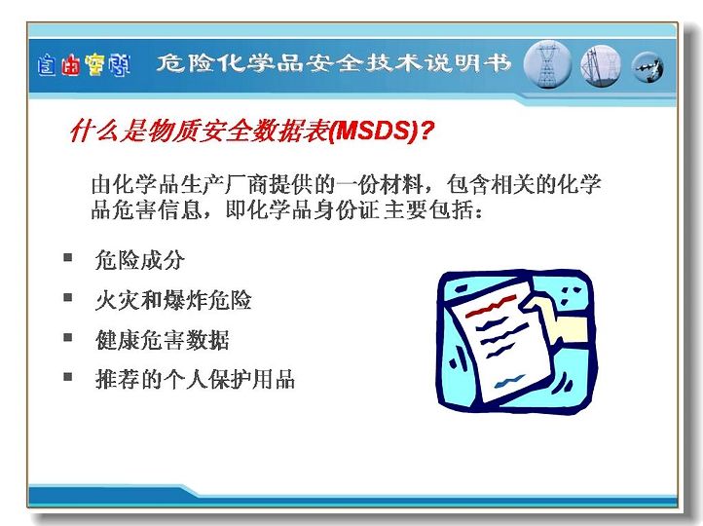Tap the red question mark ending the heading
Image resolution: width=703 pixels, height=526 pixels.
[427, 131]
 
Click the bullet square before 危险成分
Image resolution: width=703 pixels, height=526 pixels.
[68, 257]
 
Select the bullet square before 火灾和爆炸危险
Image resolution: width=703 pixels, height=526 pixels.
[68, 297]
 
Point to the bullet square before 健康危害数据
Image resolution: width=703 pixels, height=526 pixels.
[68, 337]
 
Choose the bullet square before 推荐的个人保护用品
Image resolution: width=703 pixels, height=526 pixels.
[68, 376]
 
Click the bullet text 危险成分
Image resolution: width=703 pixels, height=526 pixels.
[139, 260]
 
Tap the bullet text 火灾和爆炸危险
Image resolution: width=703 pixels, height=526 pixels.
[173, 300]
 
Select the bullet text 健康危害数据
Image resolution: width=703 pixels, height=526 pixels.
[162, 340]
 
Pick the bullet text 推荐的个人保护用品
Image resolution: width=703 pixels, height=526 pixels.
[195, 379]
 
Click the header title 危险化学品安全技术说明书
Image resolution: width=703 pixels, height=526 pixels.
[334, 63]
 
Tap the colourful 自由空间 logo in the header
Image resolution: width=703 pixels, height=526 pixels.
[84, 65]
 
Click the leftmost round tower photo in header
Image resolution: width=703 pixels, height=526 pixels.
[547, 65]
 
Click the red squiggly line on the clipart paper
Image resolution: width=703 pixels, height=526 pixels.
[492, 307]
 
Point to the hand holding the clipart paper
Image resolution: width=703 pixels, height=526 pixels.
[559, 318]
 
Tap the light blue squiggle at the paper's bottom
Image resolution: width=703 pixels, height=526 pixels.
[510, 382]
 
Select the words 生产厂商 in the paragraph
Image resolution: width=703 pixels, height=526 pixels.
[224, 184]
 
